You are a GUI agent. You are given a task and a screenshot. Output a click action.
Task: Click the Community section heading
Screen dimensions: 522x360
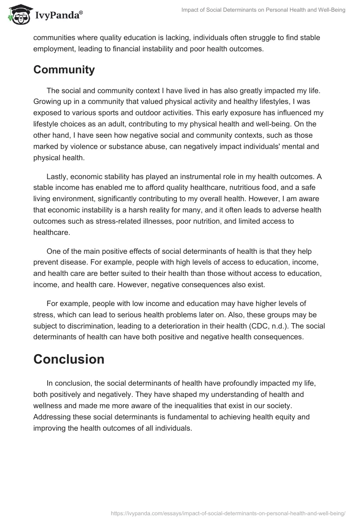tap(64, 70)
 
